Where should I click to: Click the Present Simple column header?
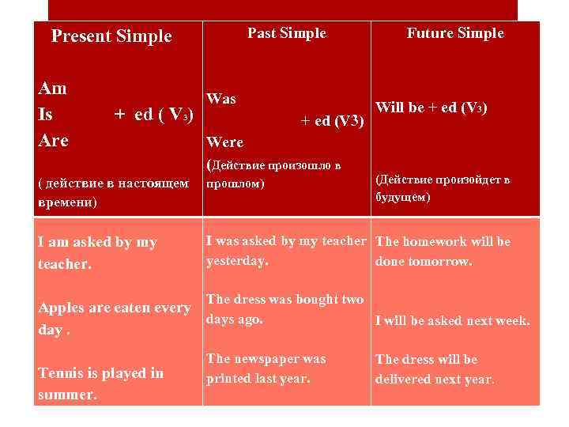tap(111, 36)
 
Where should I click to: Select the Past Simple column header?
tap(286, 33)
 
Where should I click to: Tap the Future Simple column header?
tap(454, 33)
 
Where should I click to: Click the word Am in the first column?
tap(52, 89)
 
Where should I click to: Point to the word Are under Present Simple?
tap(54, 141)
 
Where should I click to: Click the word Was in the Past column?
tap(220, 100)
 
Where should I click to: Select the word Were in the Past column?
tap(224, 143)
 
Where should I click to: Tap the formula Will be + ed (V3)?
tap(431, 108)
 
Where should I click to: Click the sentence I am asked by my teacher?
tap(97, 253)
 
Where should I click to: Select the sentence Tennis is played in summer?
tap(100, 383)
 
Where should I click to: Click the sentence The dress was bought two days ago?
tap(284, 309)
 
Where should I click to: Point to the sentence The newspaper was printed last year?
tap(266, 368)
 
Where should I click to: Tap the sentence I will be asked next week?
tap(452, 321)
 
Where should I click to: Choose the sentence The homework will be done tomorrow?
tap(443, 251)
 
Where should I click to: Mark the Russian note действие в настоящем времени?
tap(113, 192)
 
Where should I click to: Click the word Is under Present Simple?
tap(46, 115)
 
